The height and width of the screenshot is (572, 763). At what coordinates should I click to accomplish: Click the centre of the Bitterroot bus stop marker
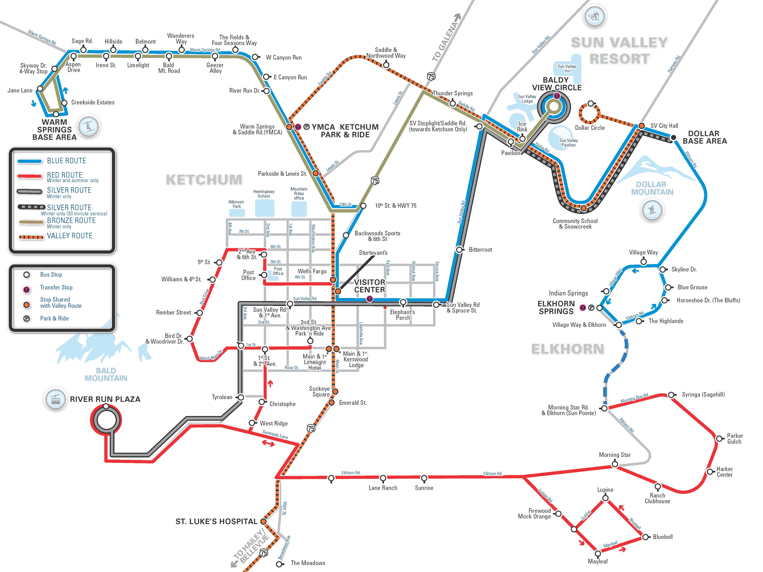click(x=459, y=250)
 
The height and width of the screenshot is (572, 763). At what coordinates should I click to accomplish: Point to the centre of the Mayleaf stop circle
click(x=598, y=553)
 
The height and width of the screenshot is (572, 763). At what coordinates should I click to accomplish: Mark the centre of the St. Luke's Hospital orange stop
click(x=263, y=521)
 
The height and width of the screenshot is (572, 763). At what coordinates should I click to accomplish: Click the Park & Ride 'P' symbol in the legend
click(x=27, y=319)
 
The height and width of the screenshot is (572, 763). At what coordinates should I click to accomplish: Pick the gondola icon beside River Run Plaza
click(x=55, y=399)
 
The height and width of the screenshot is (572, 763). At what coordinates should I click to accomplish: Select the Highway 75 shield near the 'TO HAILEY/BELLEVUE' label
click(x=264, y=552)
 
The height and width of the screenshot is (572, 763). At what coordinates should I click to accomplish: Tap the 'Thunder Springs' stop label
click(x=453, y=94)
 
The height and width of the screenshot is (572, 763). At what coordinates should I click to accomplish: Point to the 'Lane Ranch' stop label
click(x=383, y=488)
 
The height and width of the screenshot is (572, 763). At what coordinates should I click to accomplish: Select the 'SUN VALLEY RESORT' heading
click(x=619, y=51)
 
